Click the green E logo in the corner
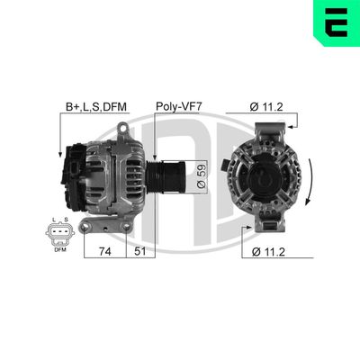[x=336, y=22]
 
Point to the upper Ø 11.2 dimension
[x=268, y=106]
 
